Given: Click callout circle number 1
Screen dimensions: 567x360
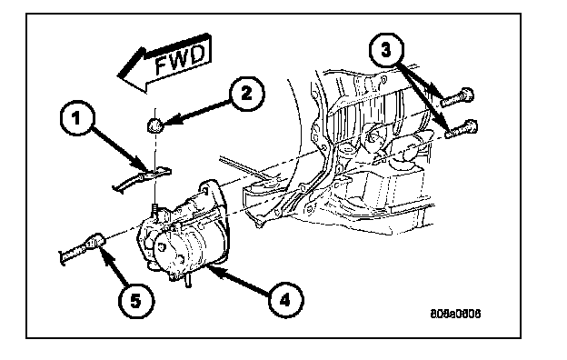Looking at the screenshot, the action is tap(76, 119).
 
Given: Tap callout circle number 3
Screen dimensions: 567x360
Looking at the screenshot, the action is tap(386, 50).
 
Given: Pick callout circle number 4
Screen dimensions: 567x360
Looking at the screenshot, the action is tap(286, 300).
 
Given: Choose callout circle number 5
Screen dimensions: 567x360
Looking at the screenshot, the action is tap(135, 301).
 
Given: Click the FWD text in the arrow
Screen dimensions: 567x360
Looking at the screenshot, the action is tap(180, 60).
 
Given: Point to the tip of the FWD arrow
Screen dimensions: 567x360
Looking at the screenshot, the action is tap(118, 76).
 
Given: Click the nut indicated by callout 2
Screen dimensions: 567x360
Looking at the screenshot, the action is tap(154, 126).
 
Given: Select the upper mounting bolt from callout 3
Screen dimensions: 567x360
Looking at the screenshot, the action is tap(457, 97).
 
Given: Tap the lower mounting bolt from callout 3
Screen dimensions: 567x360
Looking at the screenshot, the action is tap(461, 129).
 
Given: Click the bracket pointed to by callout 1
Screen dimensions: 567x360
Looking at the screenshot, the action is tap(141, 178).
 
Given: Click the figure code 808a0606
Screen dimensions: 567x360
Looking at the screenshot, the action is tap(455, 314).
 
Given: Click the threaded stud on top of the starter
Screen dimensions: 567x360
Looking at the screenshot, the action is tap(154, 211).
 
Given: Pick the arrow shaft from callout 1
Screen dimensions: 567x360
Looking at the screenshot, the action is tap(118, 147).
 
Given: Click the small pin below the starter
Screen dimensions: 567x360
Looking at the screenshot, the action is tap(188, 280).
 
